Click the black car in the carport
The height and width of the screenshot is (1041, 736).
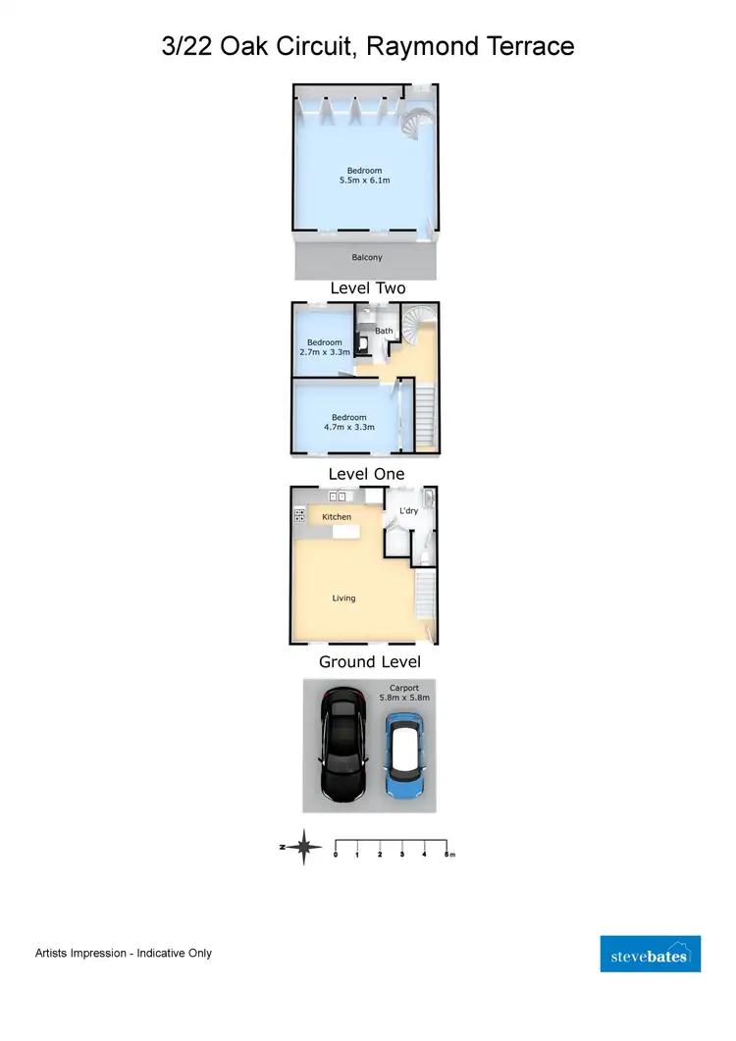(x=342, y=745)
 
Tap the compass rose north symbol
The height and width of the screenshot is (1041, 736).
(x=304, y=846)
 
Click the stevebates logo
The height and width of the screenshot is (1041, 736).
(x=650, y=954)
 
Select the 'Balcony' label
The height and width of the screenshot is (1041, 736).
(x=367, y=258)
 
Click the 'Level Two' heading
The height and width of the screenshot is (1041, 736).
(x=367, y=288)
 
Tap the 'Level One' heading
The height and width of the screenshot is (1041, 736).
(x=366, y=474)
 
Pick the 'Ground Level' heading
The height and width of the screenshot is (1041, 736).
(x=368, y=661)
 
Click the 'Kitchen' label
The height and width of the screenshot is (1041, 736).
(x=337, y=517)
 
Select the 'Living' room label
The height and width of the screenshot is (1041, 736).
(x=343, y=598)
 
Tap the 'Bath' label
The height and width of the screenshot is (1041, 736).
(x=384, y=331)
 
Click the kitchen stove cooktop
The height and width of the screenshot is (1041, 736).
(x=298, y=515)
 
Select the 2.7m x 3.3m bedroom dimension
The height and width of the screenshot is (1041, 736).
(x=324, y=351)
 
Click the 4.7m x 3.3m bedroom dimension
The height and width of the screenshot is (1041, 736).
(x=348, y=427)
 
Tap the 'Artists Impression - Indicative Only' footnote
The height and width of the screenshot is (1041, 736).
(x=124, y=953)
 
